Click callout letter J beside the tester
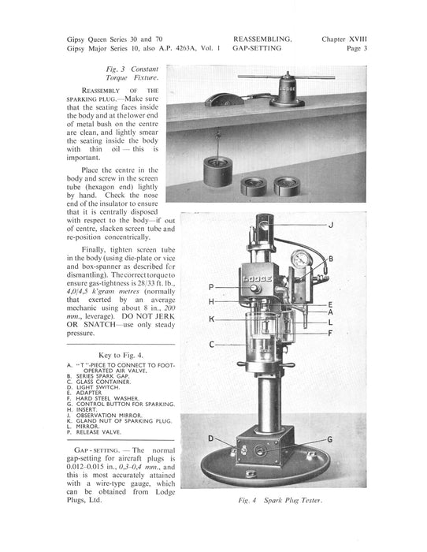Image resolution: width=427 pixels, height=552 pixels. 331,225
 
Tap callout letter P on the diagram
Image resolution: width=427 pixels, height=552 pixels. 211,287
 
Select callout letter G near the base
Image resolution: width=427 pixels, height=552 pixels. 330,439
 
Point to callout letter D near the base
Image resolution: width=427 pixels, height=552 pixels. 211,438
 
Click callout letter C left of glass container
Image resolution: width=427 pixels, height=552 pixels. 211,345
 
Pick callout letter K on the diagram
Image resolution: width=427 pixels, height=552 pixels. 211,319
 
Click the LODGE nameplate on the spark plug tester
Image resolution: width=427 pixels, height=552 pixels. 257,279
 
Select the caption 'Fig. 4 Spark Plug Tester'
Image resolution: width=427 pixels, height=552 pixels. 280,500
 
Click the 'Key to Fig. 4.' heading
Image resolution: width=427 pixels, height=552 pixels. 121,355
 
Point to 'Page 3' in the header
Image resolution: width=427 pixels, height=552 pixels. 357,48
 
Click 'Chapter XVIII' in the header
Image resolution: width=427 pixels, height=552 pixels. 344,39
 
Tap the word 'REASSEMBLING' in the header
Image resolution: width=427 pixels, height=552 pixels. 262,39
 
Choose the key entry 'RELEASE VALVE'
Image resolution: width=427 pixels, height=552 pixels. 98,432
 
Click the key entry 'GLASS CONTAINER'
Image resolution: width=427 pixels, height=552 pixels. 103,382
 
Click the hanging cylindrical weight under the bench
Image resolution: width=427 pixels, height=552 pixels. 218,171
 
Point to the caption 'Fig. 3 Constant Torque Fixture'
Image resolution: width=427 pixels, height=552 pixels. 132,73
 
